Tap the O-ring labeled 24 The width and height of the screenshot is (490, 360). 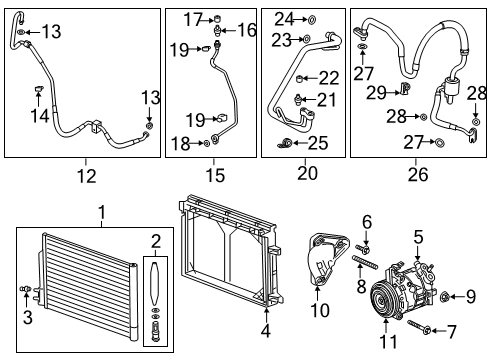point(312,19)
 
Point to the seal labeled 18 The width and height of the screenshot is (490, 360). point(207,143)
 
